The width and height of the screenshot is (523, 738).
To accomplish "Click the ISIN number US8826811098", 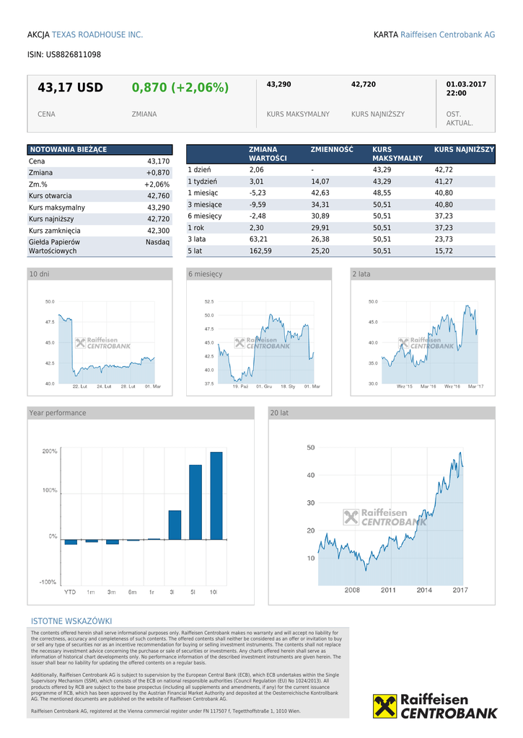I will pos(73,55).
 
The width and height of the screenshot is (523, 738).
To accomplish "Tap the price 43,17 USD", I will pos(70,88).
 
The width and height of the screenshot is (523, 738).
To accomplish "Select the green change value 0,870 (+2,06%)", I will pos(180,88).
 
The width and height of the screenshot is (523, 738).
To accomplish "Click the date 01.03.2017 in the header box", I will pos(466,84).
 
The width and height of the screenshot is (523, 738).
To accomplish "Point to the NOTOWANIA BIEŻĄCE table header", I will pos(68,149).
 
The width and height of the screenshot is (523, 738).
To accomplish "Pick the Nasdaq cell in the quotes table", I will pos(157,243).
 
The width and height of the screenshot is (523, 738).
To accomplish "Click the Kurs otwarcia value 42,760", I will pos(158,196).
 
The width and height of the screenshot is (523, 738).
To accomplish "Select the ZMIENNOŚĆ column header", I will pos(332,149).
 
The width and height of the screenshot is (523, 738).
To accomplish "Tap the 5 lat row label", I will pos(195,251).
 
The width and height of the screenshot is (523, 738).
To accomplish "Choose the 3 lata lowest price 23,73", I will pos(444,239).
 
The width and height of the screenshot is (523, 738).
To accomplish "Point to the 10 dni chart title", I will pos(40,275).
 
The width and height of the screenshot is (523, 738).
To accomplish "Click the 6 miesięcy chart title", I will pos(206,275).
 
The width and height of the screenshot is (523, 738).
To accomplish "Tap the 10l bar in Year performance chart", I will pos(216,495).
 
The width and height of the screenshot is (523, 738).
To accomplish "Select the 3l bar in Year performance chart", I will pos(175,525).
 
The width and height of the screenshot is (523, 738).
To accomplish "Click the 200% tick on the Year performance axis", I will pos(50,451).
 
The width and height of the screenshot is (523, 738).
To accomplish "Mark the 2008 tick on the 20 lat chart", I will pos(352,590).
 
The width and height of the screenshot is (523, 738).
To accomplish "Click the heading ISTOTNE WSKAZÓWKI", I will pos(71,621).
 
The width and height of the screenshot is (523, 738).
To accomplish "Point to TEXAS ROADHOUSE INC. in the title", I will pos(97,35).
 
